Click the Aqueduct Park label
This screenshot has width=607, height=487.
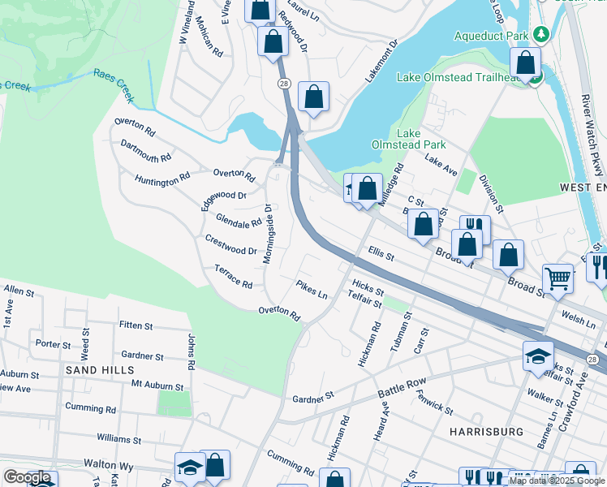(490, 37)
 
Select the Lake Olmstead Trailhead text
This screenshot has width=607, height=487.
(458, 78)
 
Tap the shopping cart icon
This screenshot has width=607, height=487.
(558, 278)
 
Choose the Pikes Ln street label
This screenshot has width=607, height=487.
(312, 290)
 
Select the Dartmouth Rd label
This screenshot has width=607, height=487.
(146, 151)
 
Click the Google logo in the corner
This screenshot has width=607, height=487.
(27, 477)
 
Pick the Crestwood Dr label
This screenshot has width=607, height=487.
(230, 245)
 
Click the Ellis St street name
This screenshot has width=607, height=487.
(380, 255)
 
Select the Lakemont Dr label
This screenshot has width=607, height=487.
(382, 60)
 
